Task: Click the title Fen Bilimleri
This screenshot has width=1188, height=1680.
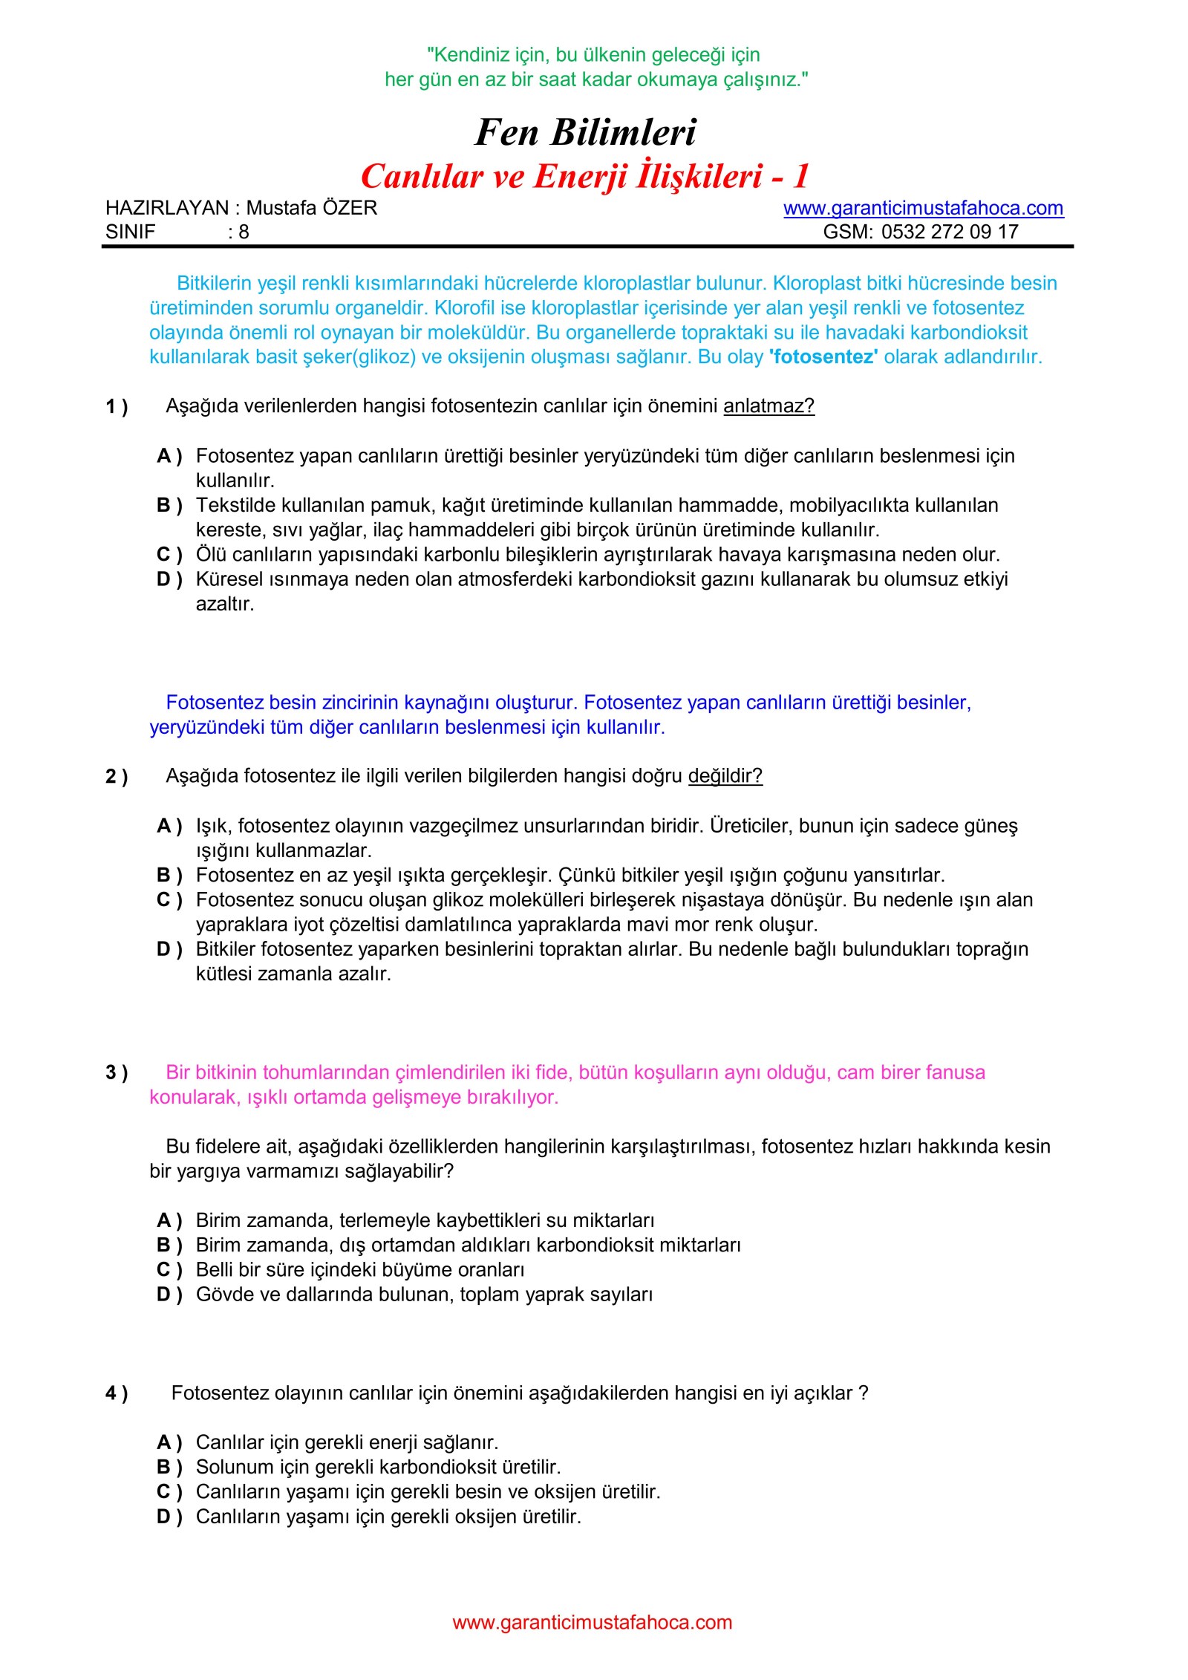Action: [x=585, y=133]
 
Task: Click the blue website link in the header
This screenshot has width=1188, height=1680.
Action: [x=923, y=208]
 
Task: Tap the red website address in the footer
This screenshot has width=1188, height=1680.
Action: [x=592, y=1622]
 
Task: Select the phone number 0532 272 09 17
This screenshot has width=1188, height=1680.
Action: [x=950, y=232]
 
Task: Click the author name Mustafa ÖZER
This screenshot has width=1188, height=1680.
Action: [x=312, y=208]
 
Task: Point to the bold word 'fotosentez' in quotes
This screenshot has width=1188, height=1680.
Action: [x=823, y=357]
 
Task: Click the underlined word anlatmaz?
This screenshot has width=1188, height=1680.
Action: [x=768, y=406]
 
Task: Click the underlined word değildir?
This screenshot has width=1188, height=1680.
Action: [x=725, y=776]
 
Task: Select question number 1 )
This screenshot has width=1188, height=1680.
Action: [x=117, y=407]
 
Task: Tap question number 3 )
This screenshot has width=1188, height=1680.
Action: [x=117, y=1072]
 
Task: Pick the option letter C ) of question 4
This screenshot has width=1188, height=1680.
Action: [x=169, y=1491]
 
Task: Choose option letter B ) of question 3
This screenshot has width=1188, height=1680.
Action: [x=169, y=1245]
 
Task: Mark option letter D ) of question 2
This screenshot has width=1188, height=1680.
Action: [x=169, y=949]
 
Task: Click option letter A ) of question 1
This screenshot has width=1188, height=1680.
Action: [x=169, y=456]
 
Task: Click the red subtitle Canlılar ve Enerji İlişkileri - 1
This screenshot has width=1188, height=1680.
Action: [x=584, y=177]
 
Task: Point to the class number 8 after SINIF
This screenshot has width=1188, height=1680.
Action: [x=244, y=232]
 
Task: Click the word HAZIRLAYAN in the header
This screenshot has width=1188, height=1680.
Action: [x=167, y=208]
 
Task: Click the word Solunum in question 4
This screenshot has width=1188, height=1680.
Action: [x=235, y=1467]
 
